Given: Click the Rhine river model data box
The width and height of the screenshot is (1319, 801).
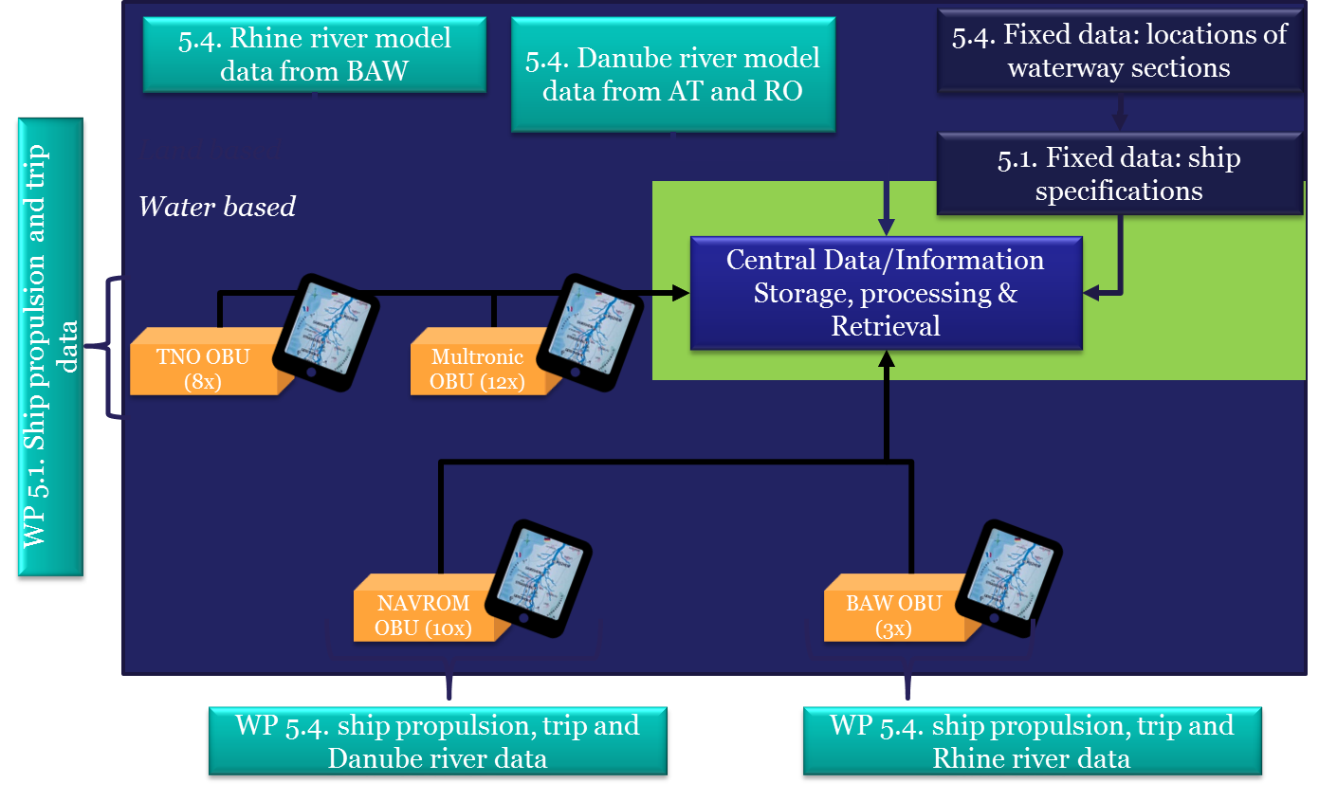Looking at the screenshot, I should coord(314,54).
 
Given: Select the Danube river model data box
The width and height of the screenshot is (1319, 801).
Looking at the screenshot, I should coord(672,75).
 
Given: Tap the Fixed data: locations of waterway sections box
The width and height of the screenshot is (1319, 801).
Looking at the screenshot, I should coord(1119,52).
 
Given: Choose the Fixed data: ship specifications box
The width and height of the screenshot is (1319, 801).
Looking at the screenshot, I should coord(1119,174).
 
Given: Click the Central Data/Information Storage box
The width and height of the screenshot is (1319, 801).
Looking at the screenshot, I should coord(885,293).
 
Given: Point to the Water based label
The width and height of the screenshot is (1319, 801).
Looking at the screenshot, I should coord(217,207).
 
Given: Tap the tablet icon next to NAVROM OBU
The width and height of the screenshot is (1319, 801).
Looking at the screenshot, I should coord(539,578).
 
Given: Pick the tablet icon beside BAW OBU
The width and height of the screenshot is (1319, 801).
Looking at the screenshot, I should coord(1008,578).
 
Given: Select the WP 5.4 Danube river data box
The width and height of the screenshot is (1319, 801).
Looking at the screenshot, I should coord(437,742).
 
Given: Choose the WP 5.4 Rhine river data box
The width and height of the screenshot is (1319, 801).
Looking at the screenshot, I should coord(1032,742).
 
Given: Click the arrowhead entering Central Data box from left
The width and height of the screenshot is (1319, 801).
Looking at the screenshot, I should coord(681,294).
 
